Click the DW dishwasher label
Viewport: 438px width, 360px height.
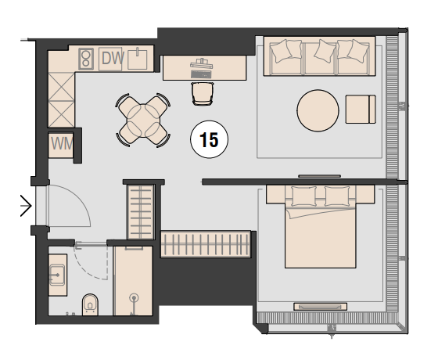113,59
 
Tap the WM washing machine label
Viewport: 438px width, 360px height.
62,144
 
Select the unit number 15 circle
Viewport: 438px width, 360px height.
210,139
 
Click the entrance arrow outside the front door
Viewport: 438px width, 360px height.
26,206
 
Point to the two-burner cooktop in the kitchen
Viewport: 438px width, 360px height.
86,59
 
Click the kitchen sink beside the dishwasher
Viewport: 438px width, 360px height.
138,59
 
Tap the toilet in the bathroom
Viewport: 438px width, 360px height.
90,304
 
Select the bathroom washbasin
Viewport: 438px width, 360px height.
57,275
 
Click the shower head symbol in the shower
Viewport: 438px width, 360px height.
135,297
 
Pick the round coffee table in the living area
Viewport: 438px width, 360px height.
318,110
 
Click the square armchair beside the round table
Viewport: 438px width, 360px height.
361,110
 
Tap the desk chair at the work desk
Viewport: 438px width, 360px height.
203,94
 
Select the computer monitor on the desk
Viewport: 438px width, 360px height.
202,65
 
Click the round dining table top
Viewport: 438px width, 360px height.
143,121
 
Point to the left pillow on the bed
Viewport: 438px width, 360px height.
303,196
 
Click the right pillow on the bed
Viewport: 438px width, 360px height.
337,196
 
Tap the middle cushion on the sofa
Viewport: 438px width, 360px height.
325,51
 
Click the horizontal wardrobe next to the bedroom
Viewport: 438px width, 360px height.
205,244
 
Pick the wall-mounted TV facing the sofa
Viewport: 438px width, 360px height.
320,176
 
